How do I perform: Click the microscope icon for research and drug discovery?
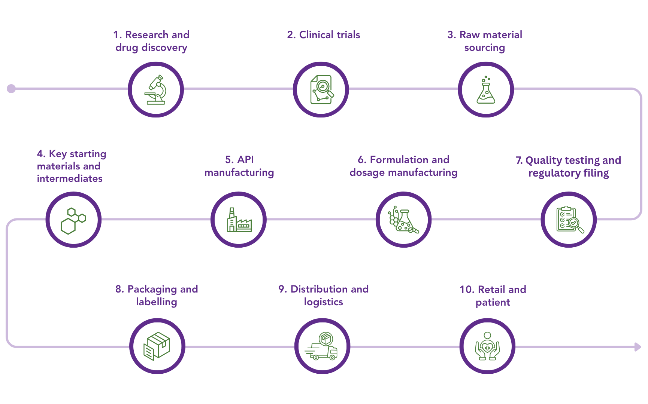pos(156,90)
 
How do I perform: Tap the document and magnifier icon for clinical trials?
pos(321,90)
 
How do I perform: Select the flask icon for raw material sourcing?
pos(486,90)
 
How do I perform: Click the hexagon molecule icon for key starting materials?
pos(73,221)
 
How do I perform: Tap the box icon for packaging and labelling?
pos(157,346)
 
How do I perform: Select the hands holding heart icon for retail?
pos(487,346)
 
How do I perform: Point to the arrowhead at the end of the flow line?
pos(638,347)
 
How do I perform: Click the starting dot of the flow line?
pos(11,89)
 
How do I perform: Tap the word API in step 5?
pos(245,160)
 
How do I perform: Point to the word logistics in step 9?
pos(324,302)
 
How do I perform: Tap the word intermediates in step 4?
pos(70,178)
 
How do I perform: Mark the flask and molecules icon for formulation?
pos(403,220)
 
